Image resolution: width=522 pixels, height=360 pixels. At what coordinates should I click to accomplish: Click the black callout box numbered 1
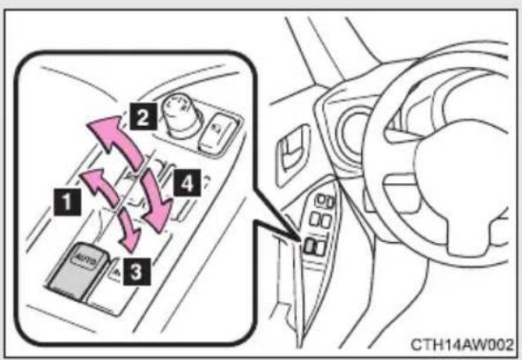(x=67, y=202)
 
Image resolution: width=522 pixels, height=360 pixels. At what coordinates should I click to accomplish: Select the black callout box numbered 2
(x=143, y=116)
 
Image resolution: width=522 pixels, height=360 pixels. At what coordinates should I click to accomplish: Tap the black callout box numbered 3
(x=136, y=272)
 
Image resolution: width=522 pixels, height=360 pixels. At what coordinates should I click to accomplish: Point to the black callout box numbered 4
(x=187, y=183)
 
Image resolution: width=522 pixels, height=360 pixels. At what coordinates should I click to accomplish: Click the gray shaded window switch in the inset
(x=77, y=270)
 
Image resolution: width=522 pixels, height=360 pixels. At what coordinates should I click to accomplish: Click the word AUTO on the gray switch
(x=86, y=259)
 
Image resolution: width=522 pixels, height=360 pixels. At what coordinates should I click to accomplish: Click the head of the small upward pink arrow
(x=92, y=178)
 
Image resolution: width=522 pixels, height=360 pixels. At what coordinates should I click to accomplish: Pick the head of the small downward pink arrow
(x=131, y=240)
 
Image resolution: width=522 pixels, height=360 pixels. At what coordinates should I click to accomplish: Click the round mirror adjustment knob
(x=180, y=115)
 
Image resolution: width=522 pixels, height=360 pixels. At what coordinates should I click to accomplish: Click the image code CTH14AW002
(x=462, y=345)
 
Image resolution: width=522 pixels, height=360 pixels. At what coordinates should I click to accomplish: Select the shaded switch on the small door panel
(x=309, y=246)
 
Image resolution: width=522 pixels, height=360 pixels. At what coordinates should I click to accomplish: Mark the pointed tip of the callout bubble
(x=299, y=239)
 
